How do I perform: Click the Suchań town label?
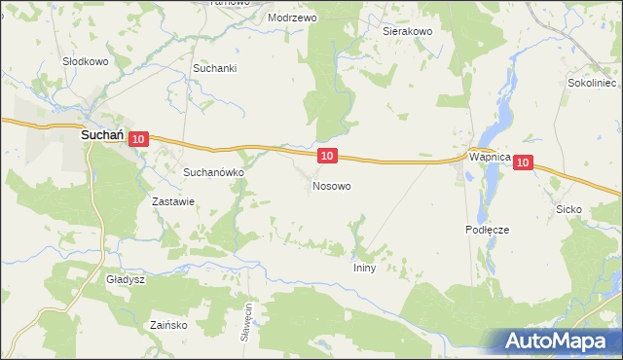[100, 138]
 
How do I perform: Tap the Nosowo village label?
[331, 185]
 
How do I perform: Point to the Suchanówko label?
[213, 171]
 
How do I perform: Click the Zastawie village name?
[174, 202]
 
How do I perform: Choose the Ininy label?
[364, 267]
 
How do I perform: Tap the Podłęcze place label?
[487, 230]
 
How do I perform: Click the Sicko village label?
[568, 209]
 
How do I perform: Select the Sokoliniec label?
[593, 84]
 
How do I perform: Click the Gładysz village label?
[126, 279]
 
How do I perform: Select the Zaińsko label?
[168, 325]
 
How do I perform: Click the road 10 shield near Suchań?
[137, 140]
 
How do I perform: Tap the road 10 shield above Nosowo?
[327, 156]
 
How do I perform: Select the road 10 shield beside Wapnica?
[524, 163]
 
